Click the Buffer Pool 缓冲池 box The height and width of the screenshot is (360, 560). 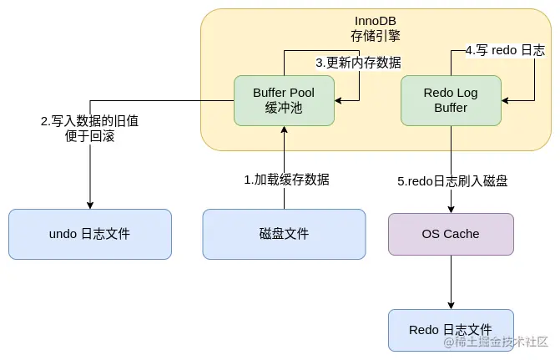click(284, 101)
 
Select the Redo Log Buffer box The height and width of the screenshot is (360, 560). click(451, 101)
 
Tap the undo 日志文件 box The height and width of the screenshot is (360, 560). click(89, 234)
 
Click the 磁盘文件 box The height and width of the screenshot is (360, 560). click(284, 234)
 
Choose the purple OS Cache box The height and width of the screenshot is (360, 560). click(451, 234)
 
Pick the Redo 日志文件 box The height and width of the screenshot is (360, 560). click(451, 329)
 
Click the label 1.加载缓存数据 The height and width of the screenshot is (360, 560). click(286, 180)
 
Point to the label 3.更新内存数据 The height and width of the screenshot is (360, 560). click(358, 63)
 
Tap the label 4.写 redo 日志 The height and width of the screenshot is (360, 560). click(505, 51)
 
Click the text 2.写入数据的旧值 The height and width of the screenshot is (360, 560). click(89, 121)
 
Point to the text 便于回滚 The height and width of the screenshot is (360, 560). click(89, 136)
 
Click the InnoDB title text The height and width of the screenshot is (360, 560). click(376, 20)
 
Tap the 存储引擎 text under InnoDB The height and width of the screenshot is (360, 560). click(376, 35)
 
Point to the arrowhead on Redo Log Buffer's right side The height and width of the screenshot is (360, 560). click(506, 101)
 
